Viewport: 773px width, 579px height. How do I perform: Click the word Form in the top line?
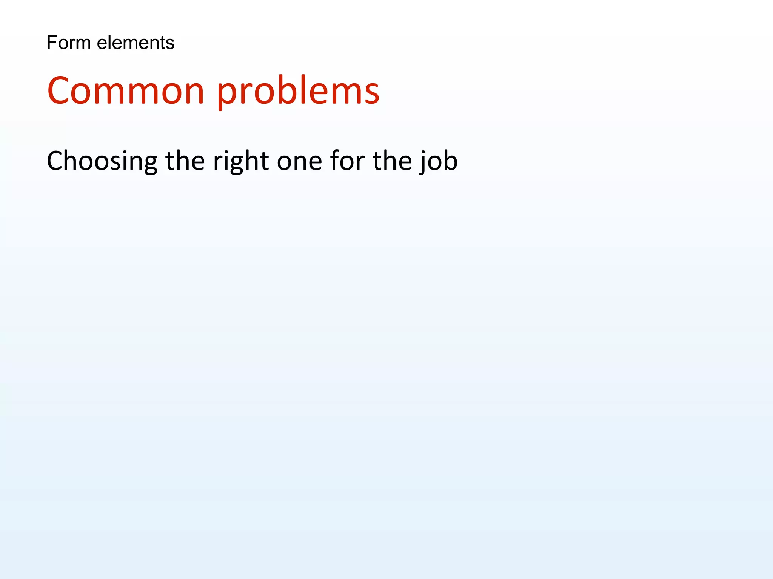coord(68,43)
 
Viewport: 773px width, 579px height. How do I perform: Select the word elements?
coord(136,43)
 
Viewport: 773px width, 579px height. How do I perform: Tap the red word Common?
coord(126,91)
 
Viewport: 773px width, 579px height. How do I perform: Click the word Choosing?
coord(102,161)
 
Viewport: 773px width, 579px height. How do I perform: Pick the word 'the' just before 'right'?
coord(185,161)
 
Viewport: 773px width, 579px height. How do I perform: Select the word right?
coord(241,161)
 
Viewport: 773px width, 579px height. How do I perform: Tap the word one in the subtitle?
coord(299,161)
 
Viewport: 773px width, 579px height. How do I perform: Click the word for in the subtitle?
coord(347,161)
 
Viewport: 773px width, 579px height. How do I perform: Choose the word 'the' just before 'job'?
coord(392,161)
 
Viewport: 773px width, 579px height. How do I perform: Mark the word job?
coord(439,161)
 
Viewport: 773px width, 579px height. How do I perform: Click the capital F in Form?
coord(52,43)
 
